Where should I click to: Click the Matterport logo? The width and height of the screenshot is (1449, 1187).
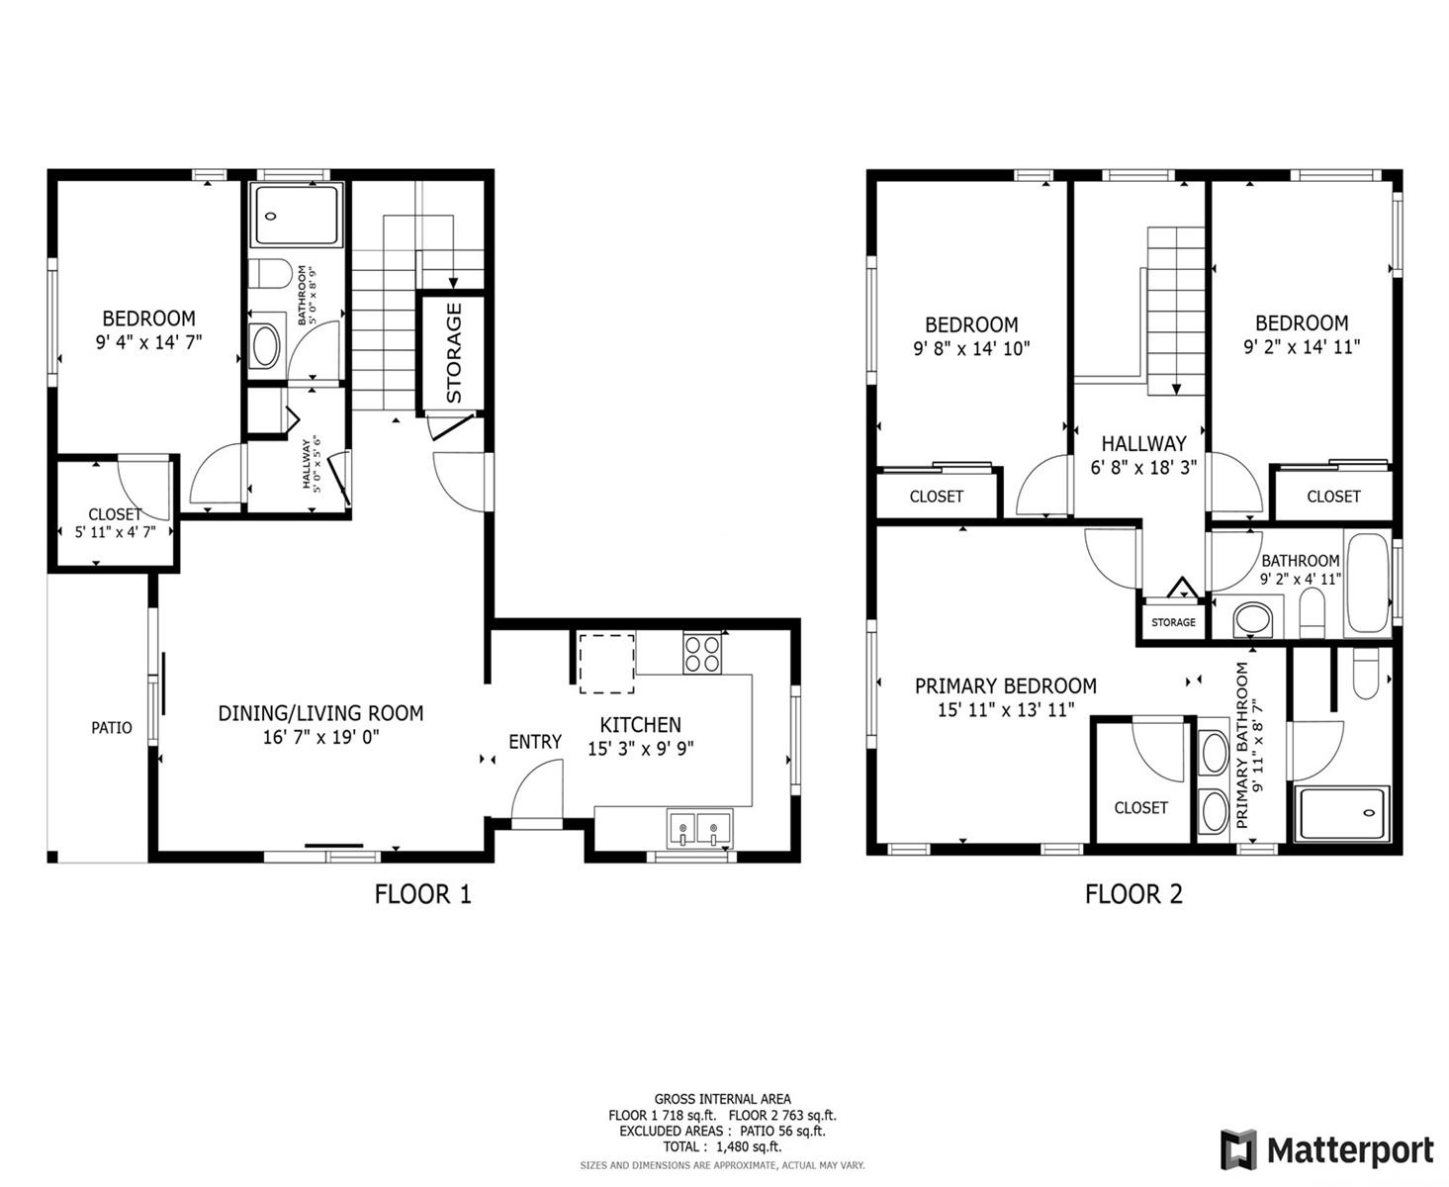point(1326,1149)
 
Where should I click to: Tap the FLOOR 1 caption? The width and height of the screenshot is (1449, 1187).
point(422,894)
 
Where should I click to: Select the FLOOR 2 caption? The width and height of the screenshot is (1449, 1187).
point(1133,894)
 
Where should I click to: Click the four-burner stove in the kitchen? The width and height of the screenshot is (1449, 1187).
point(702,653)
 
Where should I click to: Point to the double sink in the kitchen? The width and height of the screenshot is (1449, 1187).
point(698,827)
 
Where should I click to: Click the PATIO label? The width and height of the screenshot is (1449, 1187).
point(112,727)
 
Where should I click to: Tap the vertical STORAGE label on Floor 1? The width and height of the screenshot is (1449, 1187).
point(453,352)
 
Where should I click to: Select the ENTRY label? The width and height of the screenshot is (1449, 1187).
point(534,742)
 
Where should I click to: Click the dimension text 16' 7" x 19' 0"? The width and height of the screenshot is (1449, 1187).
point(320,738)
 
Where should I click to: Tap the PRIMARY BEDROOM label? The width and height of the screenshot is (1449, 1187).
point(1005,685)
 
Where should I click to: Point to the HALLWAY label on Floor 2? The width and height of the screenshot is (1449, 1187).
point(1143,443)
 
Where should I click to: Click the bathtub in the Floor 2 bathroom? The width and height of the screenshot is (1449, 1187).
point(1367,583)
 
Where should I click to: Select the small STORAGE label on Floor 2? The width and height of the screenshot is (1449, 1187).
point(1173,622)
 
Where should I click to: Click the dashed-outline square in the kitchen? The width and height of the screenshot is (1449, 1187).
point(606,664)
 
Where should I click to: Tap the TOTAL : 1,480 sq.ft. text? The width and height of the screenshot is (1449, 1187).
point(722,1146)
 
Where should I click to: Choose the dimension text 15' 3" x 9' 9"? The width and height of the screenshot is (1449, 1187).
point(640,749)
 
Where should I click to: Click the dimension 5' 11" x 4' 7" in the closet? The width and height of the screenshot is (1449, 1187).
point(116,532)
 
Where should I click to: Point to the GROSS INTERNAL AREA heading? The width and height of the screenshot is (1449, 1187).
point(722,1099)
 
